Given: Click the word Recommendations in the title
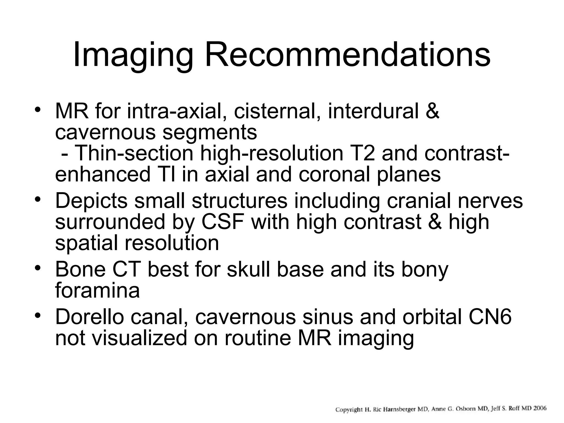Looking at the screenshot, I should pyautogui.click(x=348, y=55).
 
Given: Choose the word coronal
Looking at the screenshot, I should pyautogui.click(x=334, y=175).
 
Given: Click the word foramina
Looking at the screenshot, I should pyautogui.click(x=97, y=291).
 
